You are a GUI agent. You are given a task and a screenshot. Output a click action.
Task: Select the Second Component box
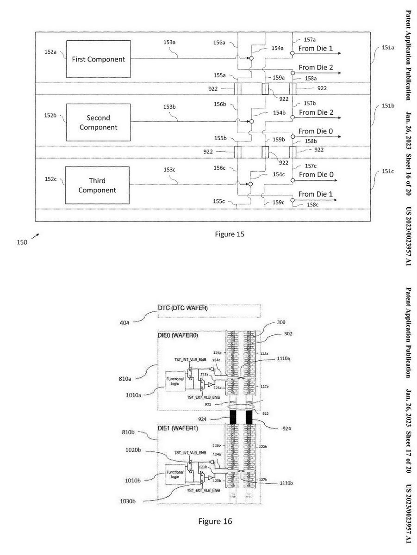pos(98,123)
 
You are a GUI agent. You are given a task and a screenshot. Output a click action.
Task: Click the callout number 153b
pos(169,107)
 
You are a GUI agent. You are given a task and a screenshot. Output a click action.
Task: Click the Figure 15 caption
pos(230,234)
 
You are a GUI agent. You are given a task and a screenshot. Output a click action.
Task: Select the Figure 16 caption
pos(215,522)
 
